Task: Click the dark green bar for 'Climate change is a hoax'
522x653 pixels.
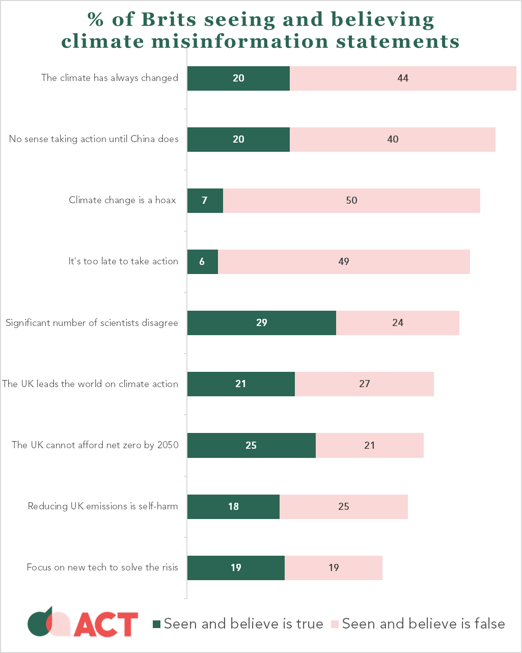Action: pyautogui.click(x=205, y=200)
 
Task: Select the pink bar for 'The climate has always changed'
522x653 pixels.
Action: pyautogui.click(x=403, y=78)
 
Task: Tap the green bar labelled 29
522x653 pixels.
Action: pyautogui.click(x=261, y=322)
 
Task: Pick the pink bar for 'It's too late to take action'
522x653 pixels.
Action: pyautogui.click(x=344, y=261)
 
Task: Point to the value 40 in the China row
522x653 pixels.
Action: pyautogui.click(x=393, y=139)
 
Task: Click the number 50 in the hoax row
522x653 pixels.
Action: pyautogui.click(x=351, y=200)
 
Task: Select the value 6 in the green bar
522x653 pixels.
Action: pyautogui.click(x=202, y=261)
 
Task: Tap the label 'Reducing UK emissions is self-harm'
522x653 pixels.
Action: pyautogui.click(x=103, y=506)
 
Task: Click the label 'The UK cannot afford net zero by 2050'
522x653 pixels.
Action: pyautogui.click(x=95, y=445)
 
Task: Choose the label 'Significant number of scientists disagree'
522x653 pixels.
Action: pyautogui.click(x=92, y=322)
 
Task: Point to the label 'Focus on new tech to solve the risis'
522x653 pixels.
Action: pyautogui.click(x=102, y=567)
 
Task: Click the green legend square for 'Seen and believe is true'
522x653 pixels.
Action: pyautogui.click(x=157, y=624)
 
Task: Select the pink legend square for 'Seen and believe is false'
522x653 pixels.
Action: pyautogui.click(x=335, y=624)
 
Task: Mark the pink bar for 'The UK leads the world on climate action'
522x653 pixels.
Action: pyautogui.click(x=364, y=384)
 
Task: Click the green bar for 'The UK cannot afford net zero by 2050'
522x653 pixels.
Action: pyautogui.click(x=251, y=445)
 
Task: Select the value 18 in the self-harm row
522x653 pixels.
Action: pyautogui.click(x=233, y=506)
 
